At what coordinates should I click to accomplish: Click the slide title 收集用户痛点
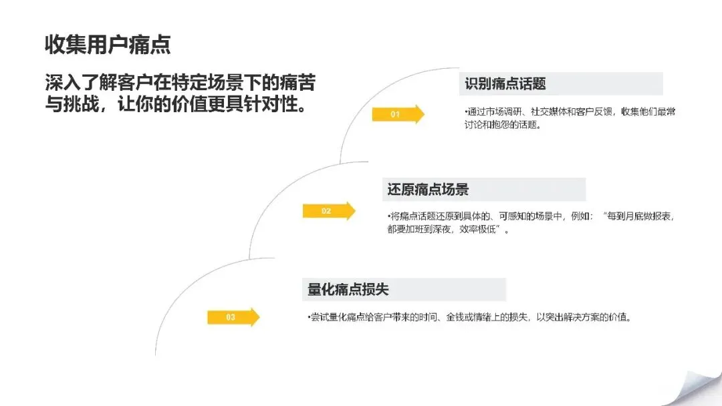tap(108, 45)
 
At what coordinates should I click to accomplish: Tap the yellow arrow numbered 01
tap(398, 114)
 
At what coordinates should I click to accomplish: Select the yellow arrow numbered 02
tap(329, 210)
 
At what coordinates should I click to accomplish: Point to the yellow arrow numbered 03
tap(233, 317)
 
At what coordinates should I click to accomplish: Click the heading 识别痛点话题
tap(505, 83)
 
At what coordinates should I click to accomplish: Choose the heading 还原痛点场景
tap(428, 190)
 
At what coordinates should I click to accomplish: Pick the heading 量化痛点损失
tap(348, 289)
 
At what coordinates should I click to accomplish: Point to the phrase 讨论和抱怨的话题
tap(501, 125)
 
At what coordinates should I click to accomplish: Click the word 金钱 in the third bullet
tap(455, 317)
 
